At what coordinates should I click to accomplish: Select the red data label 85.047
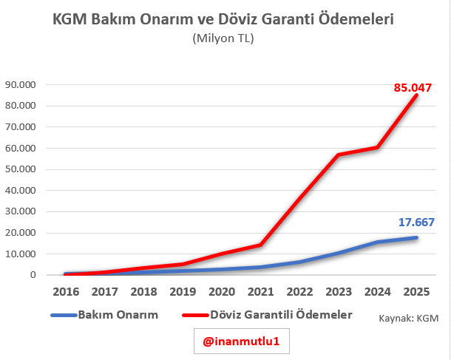click(412, 87)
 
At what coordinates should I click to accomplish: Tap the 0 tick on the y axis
click(33, 275)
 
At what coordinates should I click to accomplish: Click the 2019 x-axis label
click(182, 291)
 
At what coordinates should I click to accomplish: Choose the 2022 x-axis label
click(299, 291)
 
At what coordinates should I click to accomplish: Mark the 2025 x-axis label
click(416, 291)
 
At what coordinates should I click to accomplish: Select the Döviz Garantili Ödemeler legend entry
click(270, 315)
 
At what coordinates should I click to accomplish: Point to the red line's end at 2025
click(416, 95)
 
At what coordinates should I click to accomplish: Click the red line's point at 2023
click(338, 154)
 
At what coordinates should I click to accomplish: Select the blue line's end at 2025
click(416, 237)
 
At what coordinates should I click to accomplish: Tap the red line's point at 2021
click(260, 244)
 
